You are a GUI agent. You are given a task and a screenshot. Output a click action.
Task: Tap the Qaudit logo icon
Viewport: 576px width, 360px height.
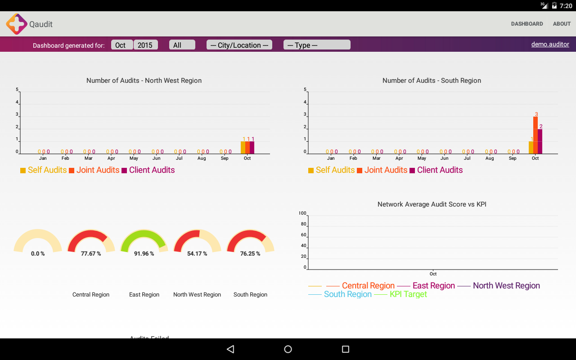pos(17,24)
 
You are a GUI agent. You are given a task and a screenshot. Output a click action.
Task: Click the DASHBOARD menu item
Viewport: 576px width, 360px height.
pos(527,24)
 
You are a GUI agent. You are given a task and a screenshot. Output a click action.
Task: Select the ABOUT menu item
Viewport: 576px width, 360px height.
pos(562,24)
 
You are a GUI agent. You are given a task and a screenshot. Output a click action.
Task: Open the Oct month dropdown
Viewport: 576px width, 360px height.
pos(121,45)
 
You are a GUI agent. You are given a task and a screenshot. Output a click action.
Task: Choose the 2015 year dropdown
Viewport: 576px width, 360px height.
pos(145,45)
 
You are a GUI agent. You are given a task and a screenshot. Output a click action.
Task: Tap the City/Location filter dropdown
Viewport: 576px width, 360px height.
pos(239,45)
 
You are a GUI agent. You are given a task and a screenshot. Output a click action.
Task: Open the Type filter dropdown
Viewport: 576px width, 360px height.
pos(317,45)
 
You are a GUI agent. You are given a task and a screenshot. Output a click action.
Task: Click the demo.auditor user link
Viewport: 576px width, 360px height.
pos(550,44)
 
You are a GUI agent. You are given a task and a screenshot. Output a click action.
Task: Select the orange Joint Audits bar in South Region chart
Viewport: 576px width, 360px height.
pos(535,135)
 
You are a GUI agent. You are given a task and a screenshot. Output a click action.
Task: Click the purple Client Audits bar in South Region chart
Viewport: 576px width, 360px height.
pos(540,141)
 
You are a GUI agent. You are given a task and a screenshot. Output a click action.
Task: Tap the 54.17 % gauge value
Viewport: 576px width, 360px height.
pos(197,254)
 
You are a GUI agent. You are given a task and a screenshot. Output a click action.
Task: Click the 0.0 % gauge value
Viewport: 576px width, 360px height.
pos(38,254)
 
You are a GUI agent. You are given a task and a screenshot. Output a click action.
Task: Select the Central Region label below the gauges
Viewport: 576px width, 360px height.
pos(91,295)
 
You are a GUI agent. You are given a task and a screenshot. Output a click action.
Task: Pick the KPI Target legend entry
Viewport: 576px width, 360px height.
pos(408,294)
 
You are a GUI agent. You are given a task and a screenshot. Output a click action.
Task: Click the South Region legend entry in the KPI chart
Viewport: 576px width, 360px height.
pos(347,294)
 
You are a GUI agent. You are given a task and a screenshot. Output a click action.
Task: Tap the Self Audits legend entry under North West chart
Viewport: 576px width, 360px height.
pos(47,170)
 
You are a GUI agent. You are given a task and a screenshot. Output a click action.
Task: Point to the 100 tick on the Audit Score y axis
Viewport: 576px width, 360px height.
pos(302,213)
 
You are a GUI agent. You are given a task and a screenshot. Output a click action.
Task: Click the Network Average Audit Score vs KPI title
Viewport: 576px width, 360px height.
pos(432,204)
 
